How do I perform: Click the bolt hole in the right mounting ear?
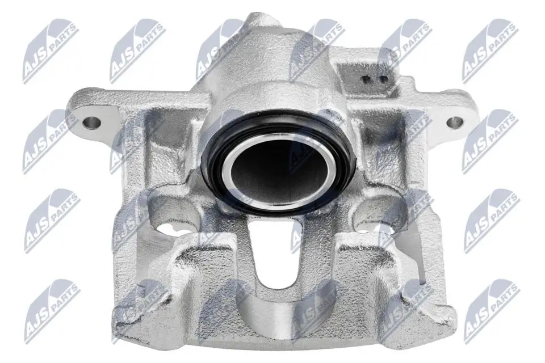pyautogui.click(x=454, y=122)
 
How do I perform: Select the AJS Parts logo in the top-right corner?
pyautogui.click(x=489, y=51)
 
